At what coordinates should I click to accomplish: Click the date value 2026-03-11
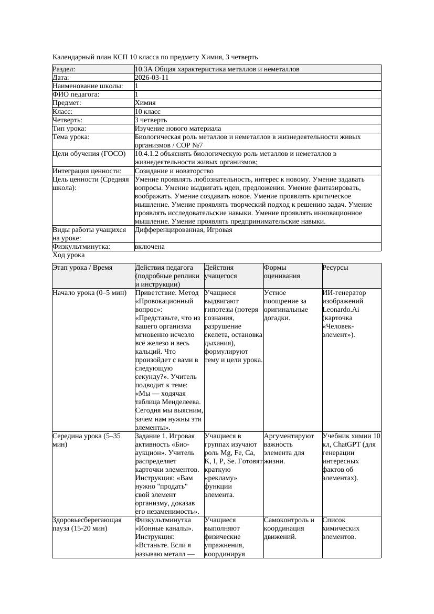tap(152, 78)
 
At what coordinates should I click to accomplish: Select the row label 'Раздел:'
tap(64, 69)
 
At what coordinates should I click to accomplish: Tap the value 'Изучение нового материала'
tap(178, 129)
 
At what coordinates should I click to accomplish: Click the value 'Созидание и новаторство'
tap(174, 171)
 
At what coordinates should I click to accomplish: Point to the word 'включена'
tap(150, 247)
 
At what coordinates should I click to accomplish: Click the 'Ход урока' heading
tap(69, 255)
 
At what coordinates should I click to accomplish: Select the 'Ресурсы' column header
tap(335, 268)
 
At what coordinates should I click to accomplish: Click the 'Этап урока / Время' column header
tap(82, 268)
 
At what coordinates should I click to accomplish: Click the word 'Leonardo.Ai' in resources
tap(341, 310)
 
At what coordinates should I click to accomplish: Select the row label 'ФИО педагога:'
tap(76, 94)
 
